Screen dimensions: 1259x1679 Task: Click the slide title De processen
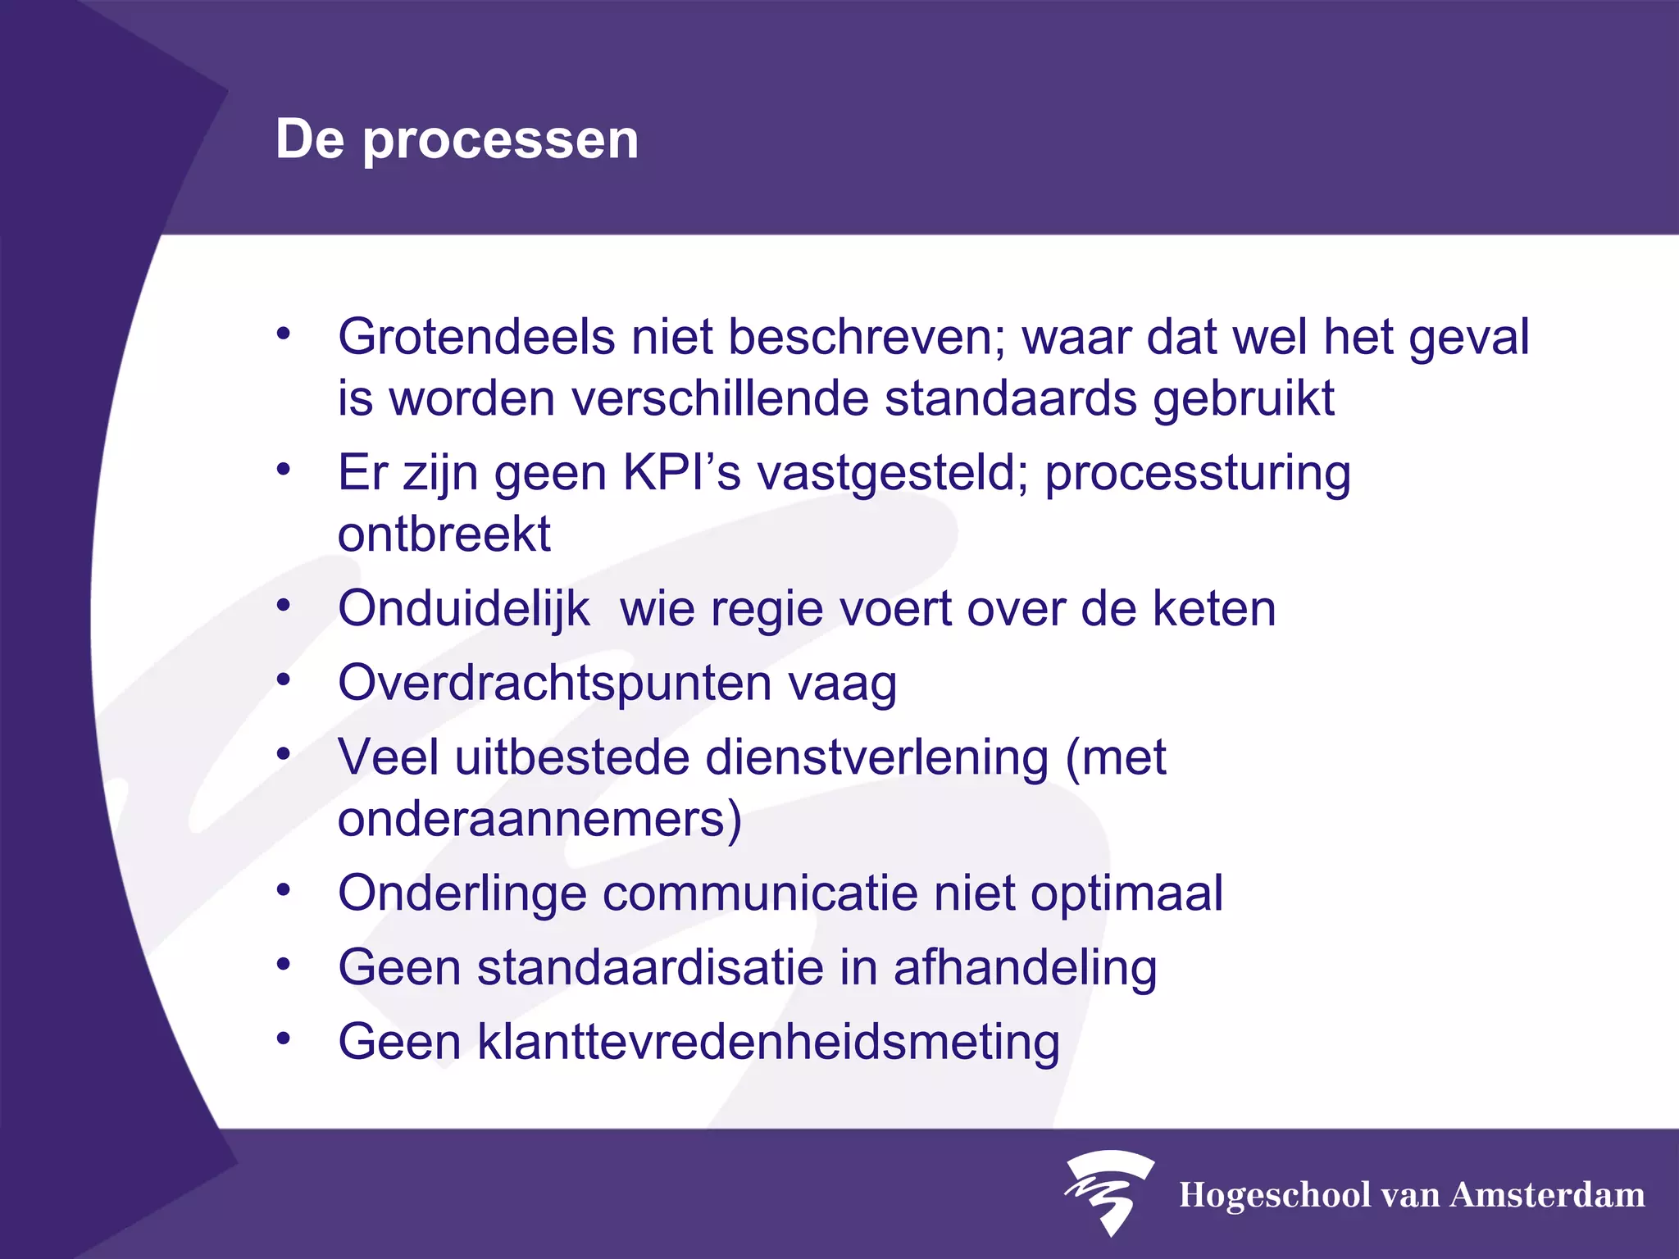point(457,139)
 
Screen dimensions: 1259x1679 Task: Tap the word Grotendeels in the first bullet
point(476,338)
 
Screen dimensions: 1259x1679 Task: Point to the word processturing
point(1198,475)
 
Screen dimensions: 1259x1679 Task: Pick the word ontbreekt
point(444,534)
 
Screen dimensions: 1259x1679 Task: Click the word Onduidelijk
point(464,609)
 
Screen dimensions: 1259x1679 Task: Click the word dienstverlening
point(876,757)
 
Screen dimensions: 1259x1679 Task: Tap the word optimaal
point(1126,893)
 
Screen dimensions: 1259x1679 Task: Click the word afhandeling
point(1025,968)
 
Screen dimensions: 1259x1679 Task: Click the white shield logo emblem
point(1108,1191)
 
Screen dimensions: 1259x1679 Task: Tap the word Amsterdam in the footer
point(1547,1195)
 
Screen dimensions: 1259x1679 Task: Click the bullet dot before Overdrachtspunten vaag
point(284,679)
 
